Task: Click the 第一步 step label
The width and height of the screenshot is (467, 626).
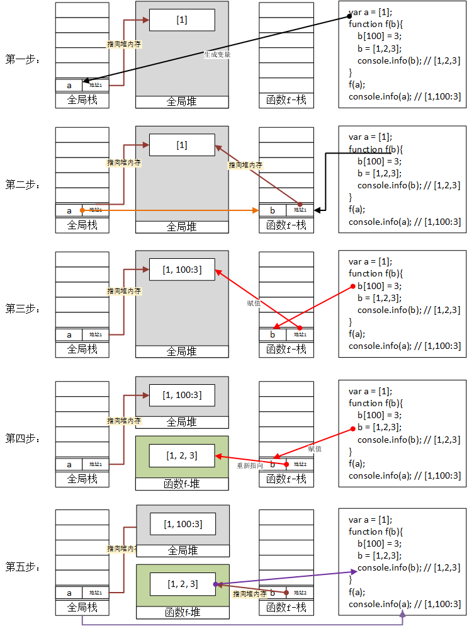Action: click(x=23, y=60)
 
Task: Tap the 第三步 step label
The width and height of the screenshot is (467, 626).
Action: click(x=23, y=309)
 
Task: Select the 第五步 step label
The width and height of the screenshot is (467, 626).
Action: click(x=23, y=567)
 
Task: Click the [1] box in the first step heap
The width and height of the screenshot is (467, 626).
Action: click(x=182, y=20)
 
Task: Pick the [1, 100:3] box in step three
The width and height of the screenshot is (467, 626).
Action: click(x=182, y=270)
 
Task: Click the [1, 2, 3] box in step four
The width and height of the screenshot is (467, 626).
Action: click(x=182, y=455)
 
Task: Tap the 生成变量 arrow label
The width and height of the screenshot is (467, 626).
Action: click(x=217, y=55)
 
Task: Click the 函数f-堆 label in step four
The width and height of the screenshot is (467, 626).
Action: click(x=182, y=484)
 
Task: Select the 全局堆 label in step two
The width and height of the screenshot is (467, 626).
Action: click(x=182, y=227)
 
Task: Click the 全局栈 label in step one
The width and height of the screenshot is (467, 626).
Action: click(x=82, y=100)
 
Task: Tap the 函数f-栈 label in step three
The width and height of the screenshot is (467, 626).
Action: click(x=286, y=349)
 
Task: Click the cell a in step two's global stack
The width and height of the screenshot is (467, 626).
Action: click(x=69, y=210)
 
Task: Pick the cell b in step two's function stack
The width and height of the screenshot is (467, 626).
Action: click(x=273, y=210)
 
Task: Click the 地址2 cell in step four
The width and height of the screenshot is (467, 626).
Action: click(x=299, y=464)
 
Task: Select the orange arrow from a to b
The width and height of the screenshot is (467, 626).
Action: click(x=170, y=210)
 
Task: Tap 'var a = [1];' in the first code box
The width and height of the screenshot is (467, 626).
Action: click(x=370, y=13)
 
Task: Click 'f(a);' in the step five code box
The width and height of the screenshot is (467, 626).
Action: click(x=357, y=592)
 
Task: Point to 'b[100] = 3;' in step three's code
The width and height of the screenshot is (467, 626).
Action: click(x=380, y=286)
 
